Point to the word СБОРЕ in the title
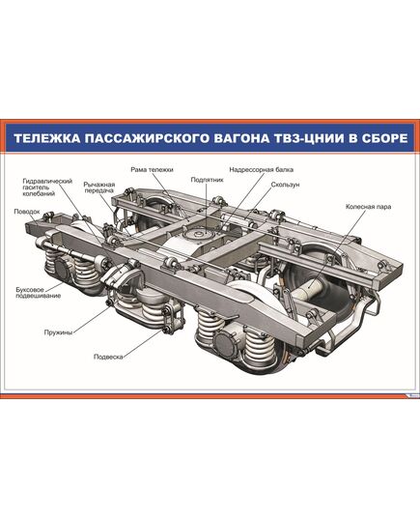[x=378, y=138]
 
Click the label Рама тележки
[x=152, y=169]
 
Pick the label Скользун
[x=285, y=183]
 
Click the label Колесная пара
[x=367, y=207]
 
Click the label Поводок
[x=27, y=210]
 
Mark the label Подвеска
[x=107, y=357]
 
